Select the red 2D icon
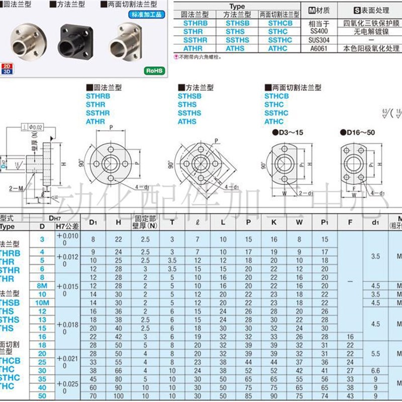coord(7,66)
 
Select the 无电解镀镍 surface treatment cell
coord(371,31)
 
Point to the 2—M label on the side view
coord(16,188)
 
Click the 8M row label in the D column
coord(42,285)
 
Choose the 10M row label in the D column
coord(42,303)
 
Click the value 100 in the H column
coord(118,396)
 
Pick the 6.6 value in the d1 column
coord(375,370)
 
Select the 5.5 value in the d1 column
coord(375,353)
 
